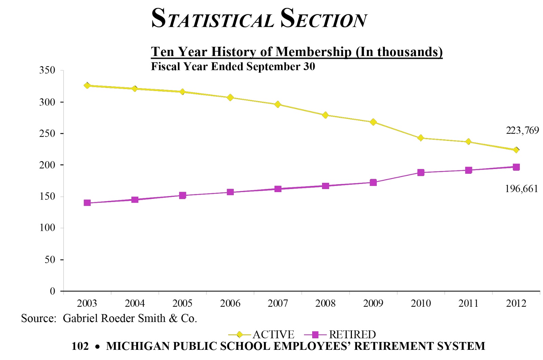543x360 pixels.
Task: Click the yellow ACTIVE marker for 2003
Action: [x=87, y=86]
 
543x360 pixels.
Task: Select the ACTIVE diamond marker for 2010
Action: [x=421, y=138]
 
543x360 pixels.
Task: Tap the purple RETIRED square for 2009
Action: [x=373, y=183]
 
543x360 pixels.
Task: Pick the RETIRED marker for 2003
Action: [x=87, y=203]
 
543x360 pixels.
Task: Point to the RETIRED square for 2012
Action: [x=516, y=167]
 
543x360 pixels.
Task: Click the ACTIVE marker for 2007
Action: [x=278, y=105]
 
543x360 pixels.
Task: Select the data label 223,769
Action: [x=522, y=130]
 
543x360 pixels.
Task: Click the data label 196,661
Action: [x=521, y=189]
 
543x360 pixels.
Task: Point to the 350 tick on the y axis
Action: [x=47, y=70]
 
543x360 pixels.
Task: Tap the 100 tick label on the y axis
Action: [x=47, y=228]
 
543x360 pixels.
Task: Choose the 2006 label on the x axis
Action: [x=230, y=303]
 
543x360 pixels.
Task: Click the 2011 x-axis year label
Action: [x=468, y=303]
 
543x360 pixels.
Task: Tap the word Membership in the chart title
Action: [x=313, y=52]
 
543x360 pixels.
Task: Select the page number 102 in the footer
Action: [x=80, y=346]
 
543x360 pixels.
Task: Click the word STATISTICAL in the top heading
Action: [x=213, y=19]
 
